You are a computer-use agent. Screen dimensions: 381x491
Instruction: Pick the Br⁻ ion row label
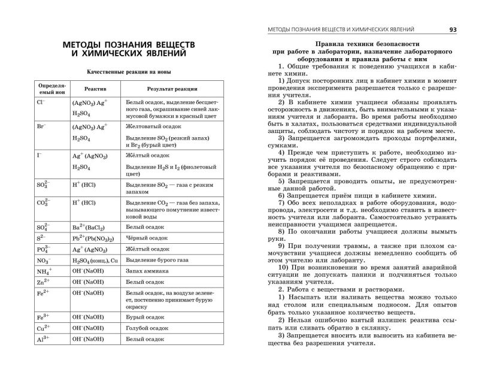[41, 128]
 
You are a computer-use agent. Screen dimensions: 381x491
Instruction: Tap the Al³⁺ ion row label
[43, 338]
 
